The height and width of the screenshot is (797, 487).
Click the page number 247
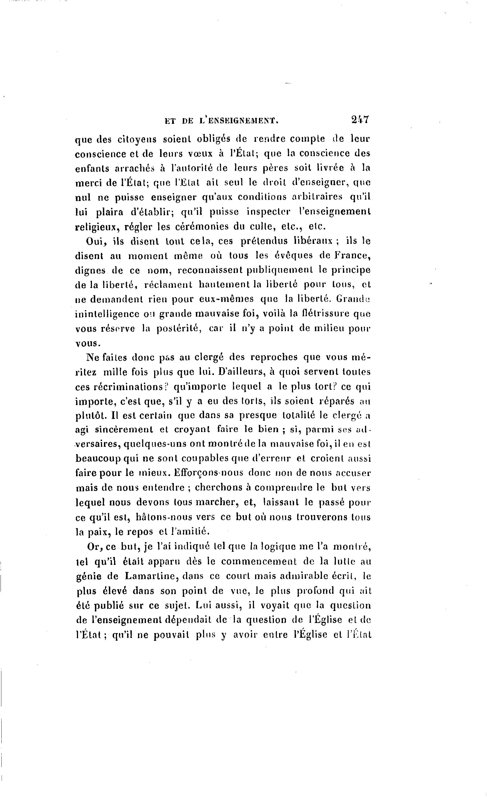(x=360, y=120)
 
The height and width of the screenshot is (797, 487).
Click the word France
(x=351, y=256)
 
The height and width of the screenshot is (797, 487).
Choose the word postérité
(x=179, y=329)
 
